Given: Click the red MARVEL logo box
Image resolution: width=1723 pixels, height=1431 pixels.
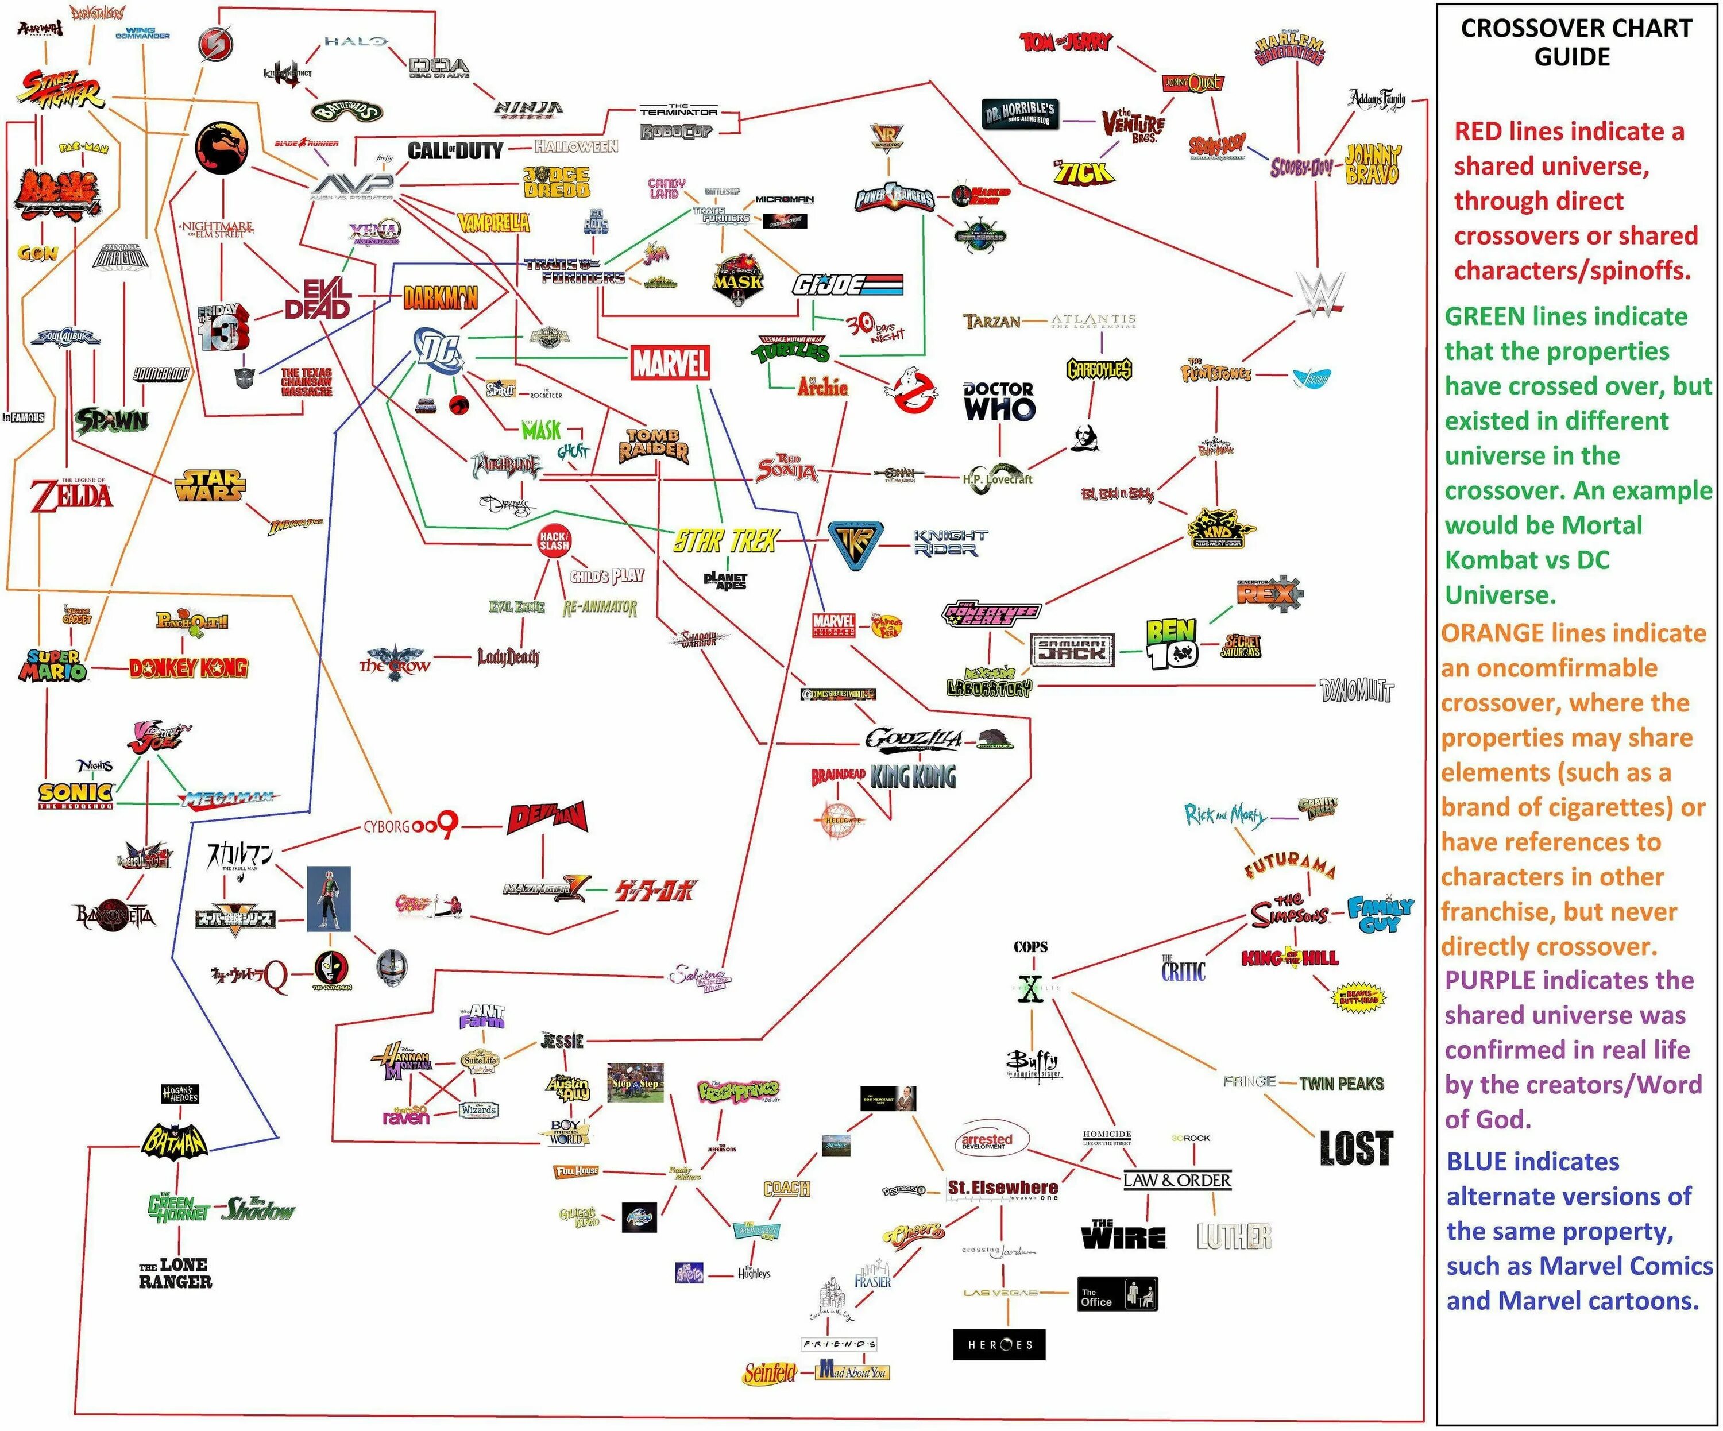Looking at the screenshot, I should pyautogui.click(x=670, y=362).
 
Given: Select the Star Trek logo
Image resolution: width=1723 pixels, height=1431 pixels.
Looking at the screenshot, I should pyautogui.click(x=725, y=541).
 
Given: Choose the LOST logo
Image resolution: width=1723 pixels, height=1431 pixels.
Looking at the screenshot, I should pyautogui.click(x=1355, y=1147).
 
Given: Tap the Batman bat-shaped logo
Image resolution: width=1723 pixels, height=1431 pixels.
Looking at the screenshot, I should pyautogui.click(x=174, y=1140).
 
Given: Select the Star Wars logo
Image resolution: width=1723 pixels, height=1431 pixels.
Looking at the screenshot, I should pyautogui.click(x=209, y=485).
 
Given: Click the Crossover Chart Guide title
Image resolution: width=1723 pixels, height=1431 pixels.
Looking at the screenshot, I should pyautogui.click(x=1575, y=42).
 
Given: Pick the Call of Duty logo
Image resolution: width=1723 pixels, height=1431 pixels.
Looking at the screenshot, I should pyautogui.click(x=455, y=150).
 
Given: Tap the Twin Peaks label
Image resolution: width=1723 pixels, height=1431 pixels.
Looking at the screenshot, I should pyautogui.click(x=1342, y=1083).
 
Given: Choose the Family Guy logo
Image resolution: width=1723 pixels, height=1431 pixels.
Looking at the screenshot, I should pyautogui.click(x=1380, y=914).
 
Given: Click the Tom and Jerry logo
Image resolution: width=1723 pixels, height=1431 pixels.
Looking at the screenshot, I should pyautogui.click(x=1065, y=42).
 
